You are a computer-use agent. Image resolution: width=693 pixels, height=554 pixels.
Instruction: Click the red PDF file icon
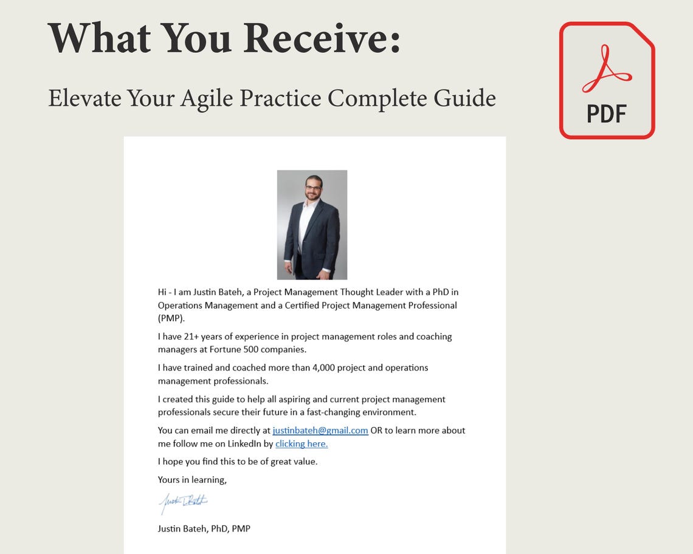coord(607,80)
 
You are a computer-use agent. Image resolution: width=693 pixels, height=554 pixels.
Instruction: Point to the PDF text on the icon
coord(607,113)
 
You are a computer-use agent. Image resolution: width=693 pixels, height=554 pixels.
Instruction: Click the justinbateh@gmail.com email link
coord(320,431)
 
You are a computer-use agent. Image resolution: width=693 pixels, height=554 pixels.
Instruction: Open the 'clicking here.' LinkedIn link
coord(302,444)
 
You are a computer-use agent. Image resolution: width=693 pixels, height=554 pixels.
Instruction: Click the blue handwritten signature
coord(184,502)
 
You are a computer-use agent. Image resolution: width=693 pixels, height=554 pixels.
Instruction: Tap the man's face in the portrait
coord(313,189)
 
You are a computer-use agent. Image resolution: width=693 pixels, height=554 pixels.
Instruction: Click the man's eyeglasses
coord(313,188)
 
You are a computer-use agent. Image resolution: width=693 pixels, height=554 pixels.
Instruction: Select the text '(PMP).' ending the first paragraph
coord(171,318)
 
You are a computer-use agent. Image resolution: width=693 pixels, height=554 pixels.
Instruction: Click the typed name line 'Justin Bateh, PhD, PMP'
coord(204,528)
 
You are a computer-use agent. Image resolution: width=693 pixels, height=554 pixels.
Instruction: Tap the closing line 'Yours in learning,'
coord(192,480)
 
